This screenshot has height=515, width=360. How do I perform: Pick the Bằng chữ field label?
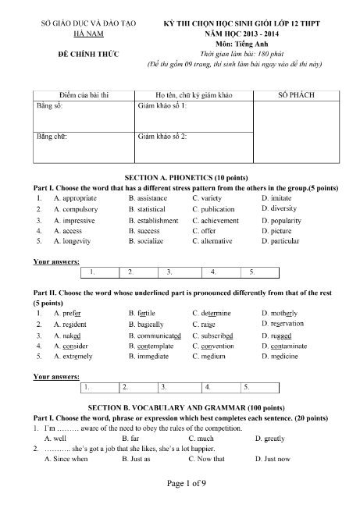coord(52,137)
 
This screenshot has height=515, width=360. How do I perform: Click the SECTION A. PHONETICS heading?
coord(180,177)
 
